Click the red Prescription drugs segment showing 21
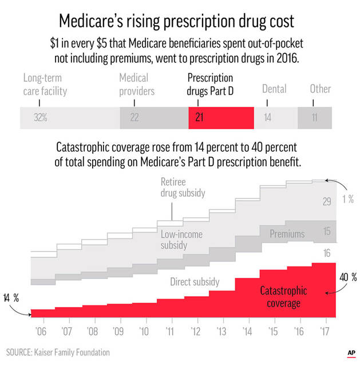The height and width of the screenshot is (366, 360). coord(221,117)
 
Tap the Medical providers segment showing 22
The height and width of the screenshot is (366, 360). coord(154,117)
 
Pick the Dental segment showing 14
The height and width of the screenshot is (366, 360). coord(275,117)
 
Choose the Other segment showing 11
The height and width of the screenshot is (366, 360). coord(314,117)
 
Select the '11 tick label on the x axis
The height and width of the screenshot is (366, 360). coord(171,332)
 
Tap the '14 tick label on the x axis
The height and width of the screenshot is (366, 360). coord(247,332)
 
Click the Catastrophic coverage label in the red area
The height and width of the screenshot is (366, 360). coord(283,296)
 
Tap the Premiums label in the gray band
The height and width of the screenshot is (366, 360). coord(287,233)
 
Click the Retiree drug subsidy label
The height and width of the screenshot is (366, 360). coord(182,188)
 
